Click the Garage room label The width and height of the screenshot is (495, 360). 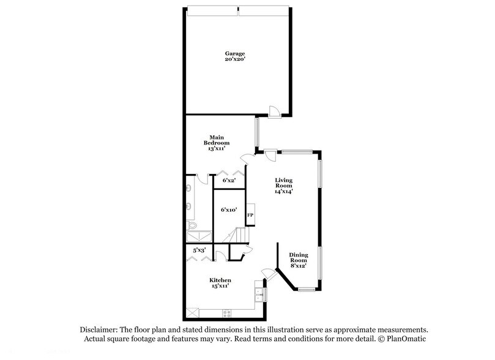point(231,54)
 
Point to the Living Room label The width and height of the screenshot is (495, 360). point(283,182)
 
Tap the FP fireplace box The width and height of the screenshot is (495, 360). point(250,216)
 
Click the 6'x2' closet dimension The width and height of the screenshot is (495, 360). point(229,181)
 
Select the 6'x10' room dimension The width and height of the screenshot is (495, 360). point(229,210)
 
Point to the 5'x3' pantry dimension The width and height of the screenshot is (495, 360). point(199,250)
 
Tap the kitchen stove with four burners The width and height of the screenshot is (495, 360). point(226,313)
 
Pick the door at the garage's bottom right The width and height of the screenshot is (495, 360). point(275,110)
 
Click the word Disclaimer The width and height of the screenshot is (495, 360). point(97,329)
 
